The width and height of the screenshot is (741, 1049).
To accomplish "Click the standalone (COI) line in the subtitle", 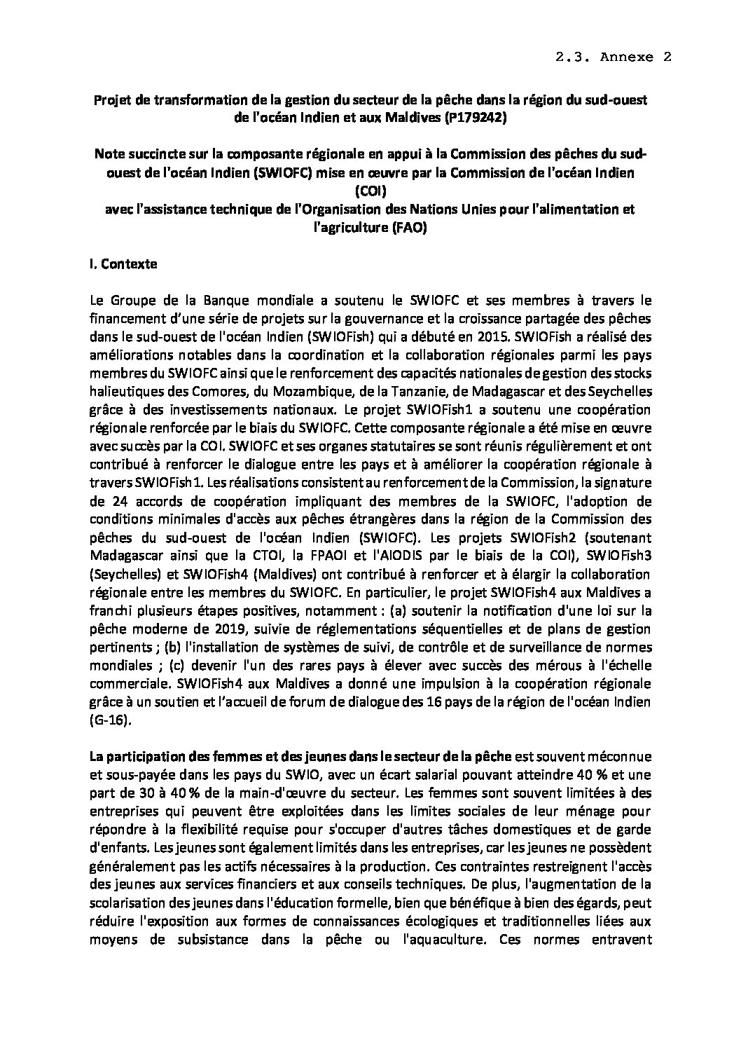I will [x=370, y=191].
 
